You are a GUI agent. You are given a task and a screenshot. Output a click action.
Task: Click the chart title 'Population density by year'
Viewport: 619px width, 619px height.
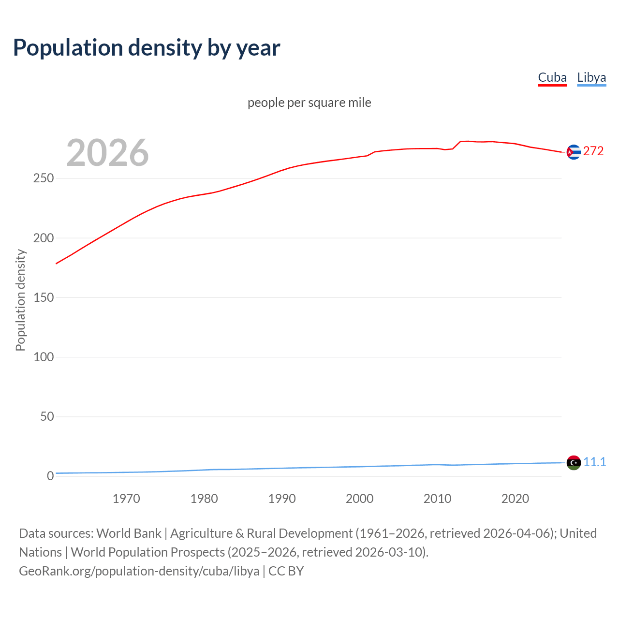pyautogui.click(x=147, y=48)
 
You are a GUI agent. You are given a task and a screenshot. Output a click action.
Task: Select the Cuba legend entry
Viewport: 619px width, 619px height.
pyautogui.click(x=552, y=77)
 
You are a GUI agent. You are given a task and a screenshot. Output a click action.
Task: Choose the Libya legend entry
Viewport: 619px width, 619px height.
pyautogui.click(x=591, y=77)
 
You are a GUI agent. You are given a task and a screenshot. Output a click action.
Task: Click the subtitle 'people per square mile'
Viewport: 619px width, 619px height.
pyautogui.click(x=309, y=103)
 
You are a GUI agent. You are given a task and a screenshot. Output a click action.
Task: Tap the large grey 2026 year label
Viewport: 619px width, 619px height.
pyautogui.click(x=107, y=153)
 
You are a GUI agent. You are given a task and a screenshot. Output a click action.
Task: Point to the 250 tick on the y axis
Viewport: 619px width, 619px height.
pyautogui.click(x=44, y=178)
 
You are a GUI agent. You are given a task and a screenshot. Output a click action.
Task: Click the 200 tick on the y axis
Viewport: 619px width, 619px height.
pyautogui.click(x=44, y=238)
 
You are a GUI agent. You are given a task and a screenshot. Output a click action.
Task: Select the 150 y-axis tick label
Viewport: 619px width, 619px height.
pyautogui.click(x=44, y=297)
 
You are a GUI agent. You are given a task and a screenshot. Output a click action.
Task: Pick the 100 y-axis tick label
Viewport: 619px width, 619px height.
pyautogui.click(x=44, y=357)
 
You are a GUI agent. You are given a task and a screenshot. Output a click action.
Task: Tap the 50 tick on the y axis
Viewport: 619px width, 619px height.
pyautogui.click(x=47, y=416)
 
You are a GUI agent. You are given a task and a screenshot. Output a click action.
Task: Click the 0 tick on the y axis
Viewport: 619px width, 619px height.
pyautogui.click(x=50, y=476)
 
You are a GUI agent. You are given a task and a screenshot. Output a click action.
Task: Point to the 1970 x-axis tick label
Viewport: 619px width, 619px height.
pyautogui.click(x=126, y=499)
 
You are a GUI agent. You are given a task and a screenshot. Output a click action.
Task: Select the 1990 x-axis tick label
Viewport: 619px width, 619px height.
pyautogui.click(x=282, y=499)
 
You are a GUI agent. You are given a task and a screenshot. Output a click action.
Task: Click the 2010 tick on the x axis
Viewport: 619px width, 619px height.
pyautogui.click(x=437, y=499)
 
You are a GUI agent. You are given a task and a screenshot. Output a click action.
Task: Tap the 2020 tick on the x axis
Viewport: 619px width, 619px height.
pyautogui.click(x=515, y=499)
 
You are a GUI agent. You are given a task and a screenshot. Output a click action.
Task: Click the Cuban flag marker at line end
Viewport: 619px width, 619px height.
pyautogui.click(x=574, y=152)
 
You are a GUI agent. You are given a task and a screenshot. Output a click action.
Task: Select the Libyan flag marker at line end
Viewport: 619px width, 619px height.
pyautogui.click(x=574, y=463)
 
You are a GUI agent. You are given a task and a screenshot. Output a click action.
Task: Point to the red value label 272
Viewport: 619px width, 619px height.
pyautogui.click(x=593, y=151)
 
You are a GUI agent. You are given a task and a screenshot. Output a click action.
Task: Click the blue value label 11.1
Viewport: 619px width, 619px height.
pyautogui.click(x=594, y=462)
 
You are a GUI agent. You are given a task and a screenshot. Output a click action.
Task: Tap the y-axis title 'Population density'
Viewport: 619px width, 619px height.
pyautogui.click(x=20, y=300)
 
